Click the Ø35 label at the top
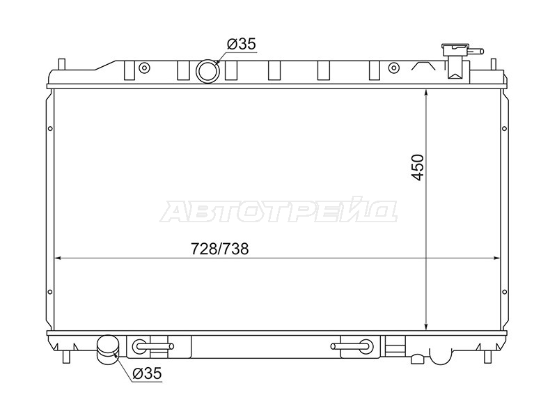click(241, 44)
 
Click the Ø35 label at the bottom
click(147, 373)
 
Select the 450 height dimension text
click(417, 167)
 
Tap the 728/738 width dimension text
click(220, 249)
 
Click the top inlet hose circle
click(207, 71)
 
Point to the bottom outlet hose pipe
click(108, 350)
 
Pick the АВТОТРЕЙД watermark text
click(278, 211)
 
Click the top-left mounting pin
click(61, 65)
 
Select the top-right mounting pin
click(493, 65)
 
